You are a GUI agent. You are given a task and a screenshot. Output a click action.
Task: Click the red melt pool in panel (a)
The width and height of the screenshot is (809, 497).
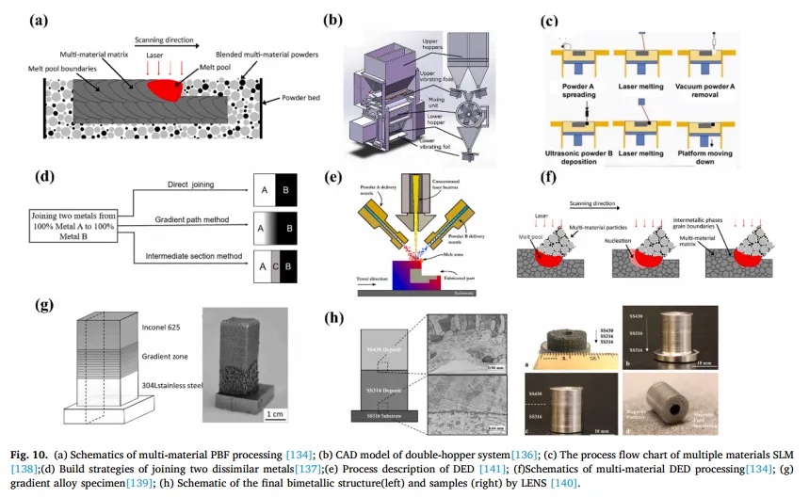(x=170, y=89)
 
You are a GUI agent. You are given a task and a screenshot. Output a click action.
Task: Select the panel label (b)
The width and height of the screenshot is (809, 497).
(x=332, y=18)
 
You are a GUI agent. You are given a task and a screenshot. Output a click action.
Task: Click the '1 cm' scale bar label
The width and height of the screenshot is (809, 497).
(x=276, y=414)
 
